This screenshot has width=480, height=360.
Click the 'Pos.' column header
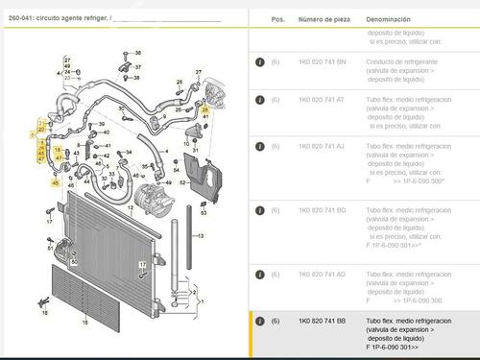[277, 18]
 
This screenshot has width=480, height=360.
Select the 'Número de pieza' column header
[324, 18]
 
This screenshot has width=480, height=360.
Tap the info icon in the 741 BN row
[259, 60]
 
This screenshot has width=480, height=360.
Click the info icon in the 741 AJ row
[259, 144]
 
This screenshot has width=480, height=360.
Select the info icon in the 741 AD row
[259, 273]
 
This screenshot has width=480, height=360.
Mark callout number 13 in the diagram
[202, 233]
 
